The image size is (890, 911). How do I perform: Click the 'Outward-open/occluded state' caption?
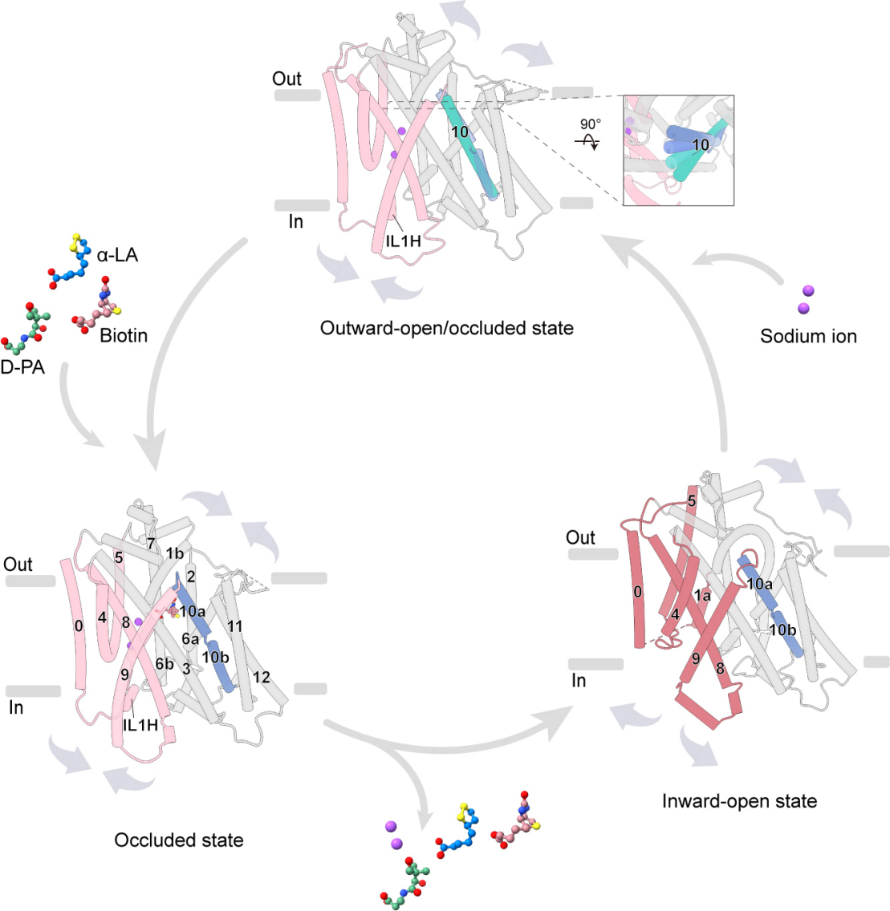[446, 328]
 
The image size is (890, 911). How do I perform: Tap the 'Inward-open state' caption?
[739, 801]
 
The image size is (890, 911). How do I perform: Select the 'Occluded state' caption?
[178, 840]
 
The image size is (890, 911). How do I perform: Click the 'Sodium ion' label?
[809, 336]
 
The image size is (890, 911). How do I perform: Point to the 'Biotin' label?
[124, 335]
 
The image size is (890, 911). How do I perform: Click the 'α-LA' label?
[117, 255]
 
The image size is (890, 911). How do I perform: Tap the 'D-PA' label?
[22, 368]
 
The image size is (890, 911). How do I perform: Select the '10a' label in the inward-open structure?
[760, 584]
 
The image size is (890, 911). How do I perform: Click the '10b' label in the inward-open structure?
[782, 630]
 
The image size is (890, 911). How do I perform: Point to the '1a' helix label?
[701, 596]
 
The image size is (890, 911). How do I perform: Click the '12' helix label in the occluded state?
[262, 677]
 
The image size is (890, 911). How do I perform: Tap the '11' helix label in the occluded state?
[235, 626]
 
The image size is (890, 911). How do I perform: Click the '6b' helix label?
[165, 663]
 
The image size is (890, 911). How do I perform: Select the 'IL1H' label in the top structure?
[404, 241]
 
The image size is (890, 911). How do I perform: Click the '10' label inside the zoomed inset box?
[701, 144]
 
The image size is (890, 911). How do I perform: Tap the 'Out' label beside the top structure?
[287, 79]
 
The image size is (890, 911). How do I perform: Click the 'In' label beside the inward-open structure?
[579, 680]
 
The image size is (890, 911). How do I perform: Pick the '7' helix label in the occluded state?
[151, 544]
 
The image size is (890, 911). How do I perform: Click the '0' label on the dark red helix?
[638, 592]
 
